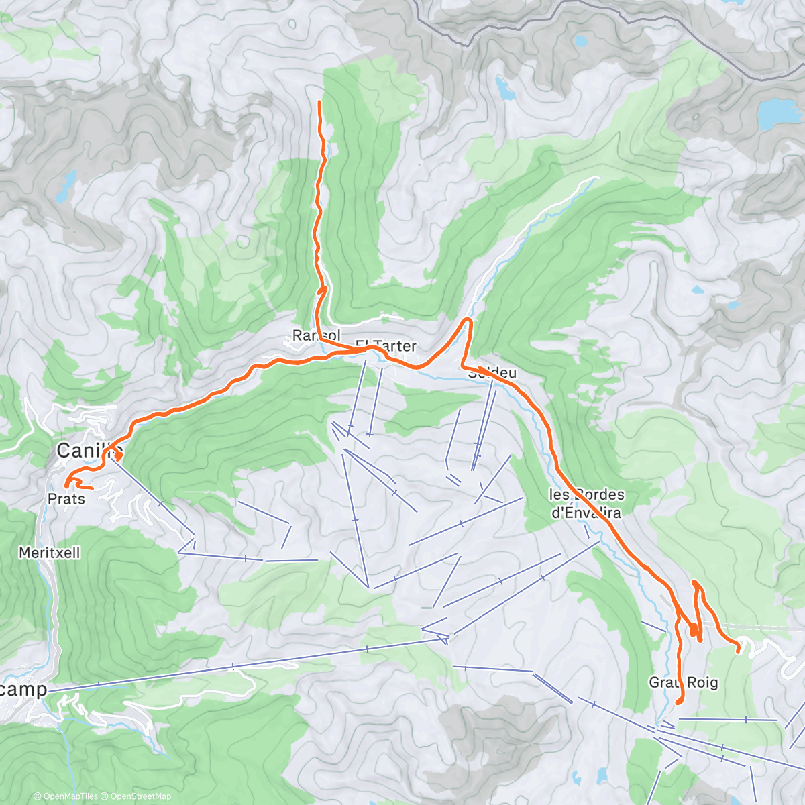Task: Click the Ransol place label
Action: click(317, 335)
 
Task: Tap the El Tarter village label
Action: click(386, 345)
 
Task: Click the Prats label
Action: click(66, 499)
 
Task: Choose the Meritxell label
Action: click(50, 553)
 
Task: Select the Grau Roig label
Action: click(683, 682)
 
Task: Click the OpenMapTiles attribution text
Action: click(66, 796)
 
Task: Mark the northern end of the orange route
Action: click(319, 101)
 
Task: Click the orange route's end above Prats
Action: click(67, 483)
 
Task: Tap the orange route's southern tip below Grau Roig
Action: click(678, 702)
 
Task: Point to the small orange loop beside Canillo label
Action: click(117, 456)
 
